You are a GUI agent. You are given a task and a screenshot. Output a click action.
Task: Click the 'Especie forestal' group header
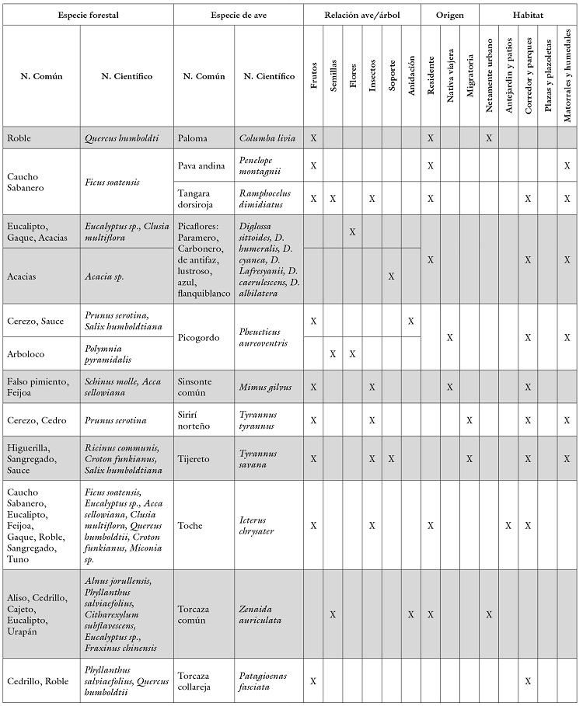pyautogui.click(x=88, y=16)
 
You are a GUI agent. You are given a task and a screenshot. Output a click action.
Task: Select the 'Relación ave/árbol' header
pyautogui.click(x=362, y=16)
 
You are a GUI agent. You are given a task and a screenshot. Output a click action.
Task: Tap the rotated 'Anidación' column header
pyautogui.click(x=411, y=75)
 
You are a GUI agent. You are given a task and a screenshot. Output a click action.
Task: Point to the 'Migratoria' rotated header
pyautogui.click(x=470, y=75)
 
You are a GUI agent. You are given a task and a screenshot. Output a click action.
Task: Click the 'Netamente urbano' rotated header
pyautogui.click(x=489, y=75)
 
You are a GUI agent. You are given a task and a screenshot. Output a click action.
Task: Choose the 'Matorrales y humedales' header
pyautogui.click(x=567, y=75)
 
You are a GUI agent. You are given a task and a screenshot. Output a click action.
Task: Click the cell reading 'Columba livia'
pyautogui.click(x=267, y=138)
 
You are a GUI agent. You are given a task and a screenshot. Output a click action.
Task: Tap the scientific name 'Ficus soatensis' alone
pyautogui.click(x=113, y=183)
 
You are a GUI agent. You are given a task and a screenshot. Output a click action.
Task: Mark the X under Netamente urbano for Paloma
pyautogui.click(x=489, y=138)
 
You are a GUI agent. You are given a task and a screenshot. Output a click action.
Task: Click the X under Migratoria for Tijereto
pyautogui.click(x=470, y=459)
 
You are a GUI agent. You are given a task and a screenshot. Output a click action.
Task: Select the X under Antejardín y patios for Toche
pyautogui.click(x=508, y=526)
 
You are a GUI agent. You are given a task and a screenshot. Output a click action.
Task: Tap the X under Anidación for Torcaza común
pyautogui.click(x=411, y=614)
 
